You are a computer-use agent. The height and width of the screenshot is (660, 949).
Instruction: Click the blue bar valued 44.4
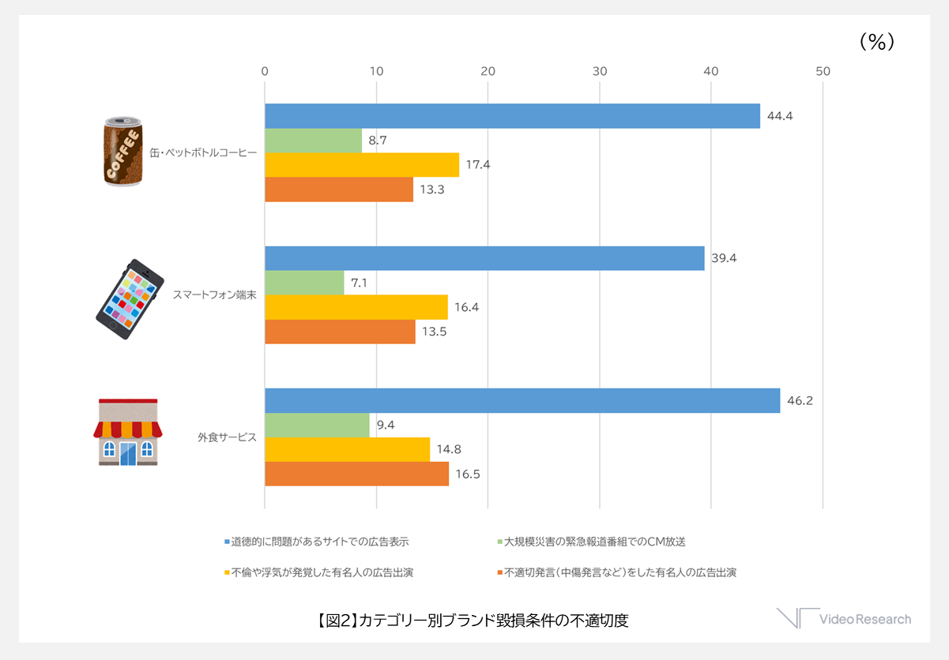click(x=512, y=116)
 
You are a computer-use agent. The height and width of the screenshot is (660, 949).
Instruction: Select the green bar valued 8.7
click(x=313, y=141)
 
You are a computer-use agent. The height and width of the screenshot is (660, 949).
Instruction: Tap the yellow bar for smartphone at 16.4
click(x=356, y=307)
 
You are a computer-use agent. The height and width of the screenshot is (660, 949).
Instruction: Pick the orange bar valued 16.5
click(x=356, y=474)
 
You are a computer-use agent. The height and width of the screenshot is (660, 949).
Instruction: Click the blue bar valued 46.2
click(x=522, y=400)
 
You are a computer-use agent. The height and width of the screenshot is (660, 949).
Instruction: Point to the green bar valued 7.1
click(x=304, y=283)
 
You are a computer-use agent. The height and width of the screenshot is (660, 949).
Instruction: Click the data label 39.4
click(x=724, y=258)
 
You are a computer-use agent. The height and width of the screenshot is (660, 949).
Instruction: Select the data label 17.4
click(x=478, y=165)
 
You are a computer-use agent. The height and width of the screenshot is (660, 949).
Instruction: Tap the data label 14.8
click(x=450, y=449)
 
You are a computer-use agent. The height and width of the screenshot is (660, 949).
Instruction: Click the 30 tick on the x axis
click(x=600, y=71)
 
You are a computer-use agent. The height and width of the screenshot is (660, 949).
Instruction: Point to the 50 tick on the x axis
click(x=823, y=71)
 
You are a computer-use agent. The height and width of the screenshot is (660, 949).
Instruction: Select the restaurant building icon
click(x=128, y=432)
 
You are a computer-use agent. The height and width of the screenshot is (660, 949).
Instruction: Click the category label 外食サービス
click(x=227, y=437)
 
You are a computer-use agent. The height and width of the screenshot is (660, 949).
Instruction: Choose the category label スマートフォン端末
click(x=214, y=295)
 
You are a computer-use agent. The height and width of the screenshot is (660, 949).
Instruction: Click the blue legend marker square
click(x=228, y=542)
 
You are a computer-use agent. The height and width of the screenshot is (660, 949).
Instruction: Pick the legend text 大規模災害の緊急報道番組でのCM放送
click(x=595, y=542)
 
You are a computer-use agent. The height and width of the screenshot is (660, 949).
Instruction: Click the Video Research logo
click(x=843, y=619)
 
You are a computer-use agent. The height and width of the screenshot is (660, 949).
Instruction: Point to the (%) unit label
click(x=877, y=43)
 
